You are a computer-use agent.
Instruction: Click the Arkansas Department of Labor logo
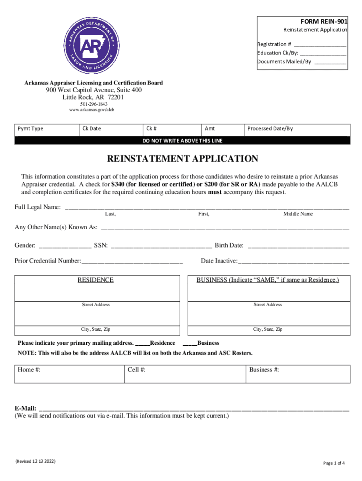[x=92, y=47]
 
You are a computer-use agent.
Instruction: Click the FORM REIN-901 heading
[x=324, y=21]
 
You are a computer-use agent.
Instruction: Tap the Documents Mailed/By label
[x=284, y=62]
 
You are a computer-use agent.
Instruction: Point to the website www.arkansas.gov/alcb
[x=92, y=110]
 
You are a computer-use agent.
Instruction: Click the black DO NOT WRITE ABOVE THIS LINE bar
[x=182, y=140]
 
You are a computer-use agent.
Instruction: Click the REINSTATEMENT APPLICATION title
[x=182, y=159]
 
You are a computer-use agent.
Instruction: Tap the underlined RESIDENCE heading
[x=95, y=280]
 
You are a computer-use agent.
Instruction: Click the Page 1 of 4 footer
[x=334, y=463]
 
